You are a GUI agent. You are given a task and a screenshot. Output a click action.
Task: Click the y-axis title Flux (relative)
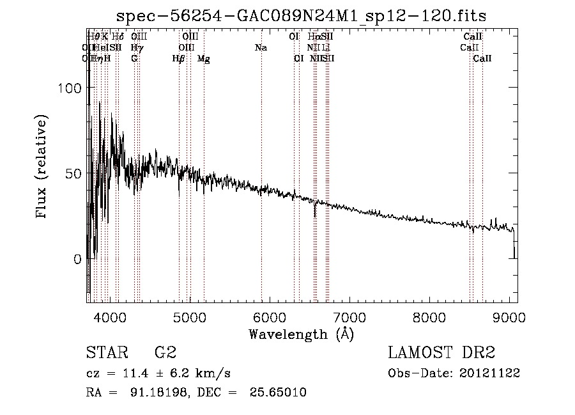[x=42, y=168]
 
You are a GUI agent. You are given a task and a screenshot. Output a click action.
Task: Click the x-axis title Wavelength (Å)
[x=301, y=333]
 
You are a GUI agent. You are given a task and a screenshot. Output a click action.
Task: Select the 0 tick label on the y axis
[x=78, y=260]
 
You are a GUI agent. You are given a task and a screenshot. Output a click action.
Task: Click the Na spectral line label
[x=261, y=48]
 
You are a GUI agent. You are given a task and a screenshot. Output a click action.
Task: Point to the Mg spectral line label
[x=204, y=59]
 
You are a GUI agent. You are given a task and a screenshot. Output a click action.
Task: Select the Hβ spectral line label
[x=179, y=59]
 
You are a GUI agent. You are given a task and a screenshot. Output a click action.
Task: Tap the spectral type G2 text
[x=165, y=352]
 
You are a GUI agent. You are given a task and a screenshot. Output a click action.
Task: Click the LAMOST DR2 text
[x=441, y=352]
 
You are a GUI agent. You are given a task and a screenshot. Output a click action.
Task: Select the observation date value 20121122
[x=493, y=373]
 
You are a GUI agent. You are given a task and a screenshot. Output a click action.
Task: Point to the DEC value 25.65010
[x=279, y=393]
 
